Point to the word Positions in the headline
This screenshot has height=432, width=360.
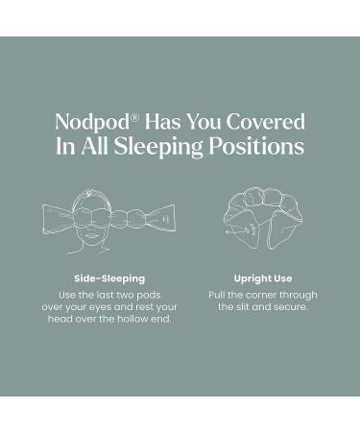pyautogui.click(x=263, y=148)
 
